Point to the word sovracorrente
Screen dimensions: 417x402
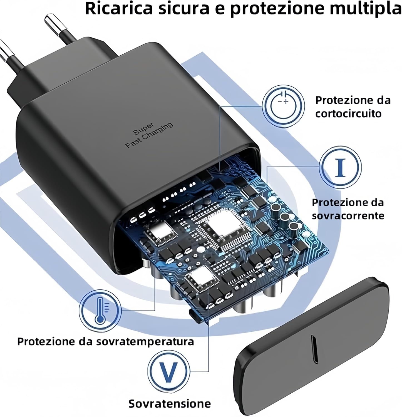[x=348, y=216]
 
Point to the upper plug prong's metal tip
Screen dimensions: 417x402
[x=51, y=23]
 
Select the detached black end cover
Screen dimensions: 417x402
[x=312, y=345]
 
